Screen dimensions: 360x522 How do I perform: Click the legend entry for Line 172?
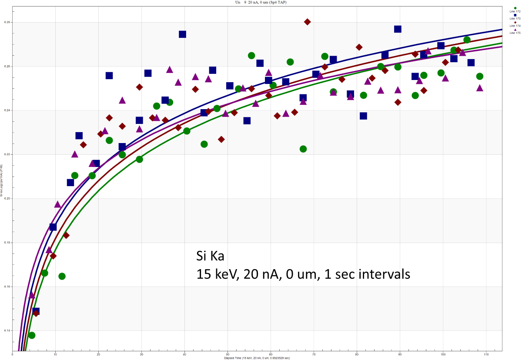click(x=515, y=11)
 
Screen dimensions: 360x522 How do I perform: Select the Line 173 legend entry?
click(x=515, y=19)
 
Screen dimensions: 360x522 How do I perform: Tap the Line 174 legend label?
click(x=515, y=26)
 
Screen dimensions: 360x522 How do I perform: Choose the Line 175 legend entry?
click(x=515, y=33)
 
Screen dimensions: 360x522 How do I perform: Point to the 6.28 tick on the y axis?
click(x=7, y=22)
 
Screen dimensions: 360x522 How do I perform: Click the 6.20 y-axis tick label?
click(x=7, y=199)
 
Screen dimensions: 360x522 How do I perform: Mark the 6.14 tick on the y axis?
click(x=7, y=330)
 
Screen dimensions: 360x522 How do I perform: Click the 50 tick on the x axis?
click(x=228, y=354)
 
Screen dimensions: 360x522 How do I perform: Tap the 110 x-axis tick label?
click(x=486, y=354)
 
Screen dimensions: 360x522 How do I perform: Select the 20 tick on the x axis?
click(x=98, y=354)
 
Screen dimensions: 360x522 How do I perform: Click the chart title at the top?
click(x=261, y=2)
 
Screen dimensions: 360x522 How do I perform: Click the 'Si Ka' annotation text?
click(x=210, y=256)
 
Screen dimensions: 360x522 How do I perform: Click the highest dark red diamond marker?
click(x=308, y=22)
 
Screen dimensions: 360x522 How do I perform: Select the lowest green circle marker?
click(x=32, y=335)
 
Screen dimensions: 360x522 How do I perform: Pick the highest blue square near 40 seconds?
click(x=182, y=34)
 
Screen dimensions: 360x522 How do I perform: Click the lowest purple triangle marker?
click(x=32, y=295)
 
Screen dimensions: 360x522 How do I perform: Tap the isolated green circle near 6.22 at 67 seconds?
click(x=303, y=149)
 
